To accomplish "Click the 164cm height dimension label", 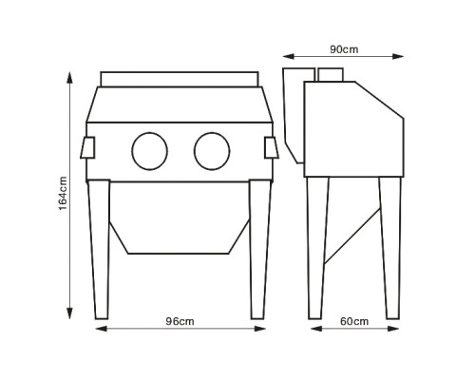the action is click(x=63, y=194).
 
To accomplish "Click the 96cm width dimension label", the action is click(x=180, y=321).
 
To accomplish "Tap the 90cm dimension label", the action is click(x=344, y=49).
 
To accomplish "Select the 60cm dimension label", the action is click(x=354, y=321).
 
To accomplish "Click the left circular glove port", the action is click(x=150, y=151).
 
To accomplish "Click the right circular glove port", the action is click(x=212, y=151).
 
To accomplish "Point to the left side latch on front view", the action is click(x=87, y=147).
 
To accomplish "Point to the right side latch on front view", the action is click(x=272, y=147).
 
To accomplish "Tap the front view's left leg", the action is click(x=99, y=250).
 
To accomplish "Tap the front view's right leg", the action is click(x=260, y=250).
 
